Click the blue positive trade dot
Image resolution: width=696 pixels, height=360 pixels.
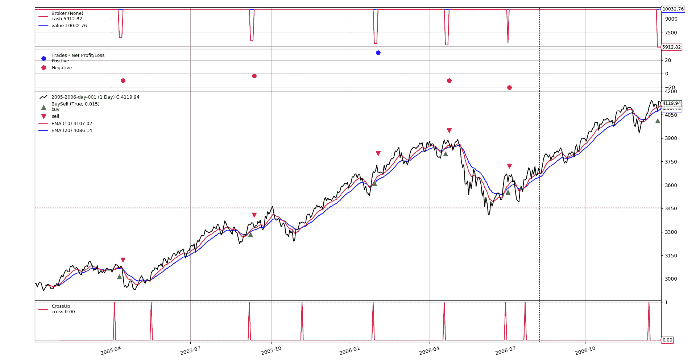click(x=378, y=53)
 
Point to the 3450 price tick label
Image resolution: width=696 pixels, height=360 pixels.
click(x=671, y=208)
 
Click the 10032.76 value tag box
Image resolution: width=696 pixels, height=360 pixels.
click(x=673, y=9)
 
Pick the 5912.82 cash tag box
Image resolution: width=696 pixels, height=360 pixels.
click(x=671, y=47)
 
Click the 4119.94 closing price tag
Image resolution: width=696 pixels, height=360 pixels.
click(x=671, y=103)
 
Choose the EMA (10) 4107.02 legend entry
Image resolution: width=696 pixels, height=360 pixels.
click(x=71, y=124)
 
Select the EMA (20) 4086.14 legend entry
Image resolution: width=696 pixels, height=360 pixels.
click(x=71, y=131)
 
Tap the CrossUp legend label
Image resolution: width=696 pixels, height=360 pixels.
click(x=61, y=306)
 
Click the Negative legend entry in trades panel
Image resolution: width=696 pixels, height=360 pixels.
click(x=62, y=68)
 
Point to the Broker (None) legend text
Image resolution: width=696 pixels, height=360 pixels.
click(x=67, y=13)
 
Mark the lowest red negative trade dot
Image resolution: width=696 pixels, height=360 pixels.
click(x=509, y=87)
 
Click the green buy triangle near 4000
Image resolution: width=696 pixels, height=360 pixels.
click(x=658, y=121)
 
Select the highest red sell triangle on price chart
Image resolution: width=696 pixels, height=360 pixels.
click(x=449, y=131)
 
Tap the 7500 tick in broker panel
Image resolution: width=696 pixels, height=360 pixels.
click(x=671, y=33)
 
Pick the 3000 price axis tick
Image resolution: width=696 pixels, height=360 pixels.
click(x=671, y=279)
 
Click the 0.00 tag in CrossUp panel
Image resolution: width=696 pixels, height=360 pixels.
click(x=667, y=340)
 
